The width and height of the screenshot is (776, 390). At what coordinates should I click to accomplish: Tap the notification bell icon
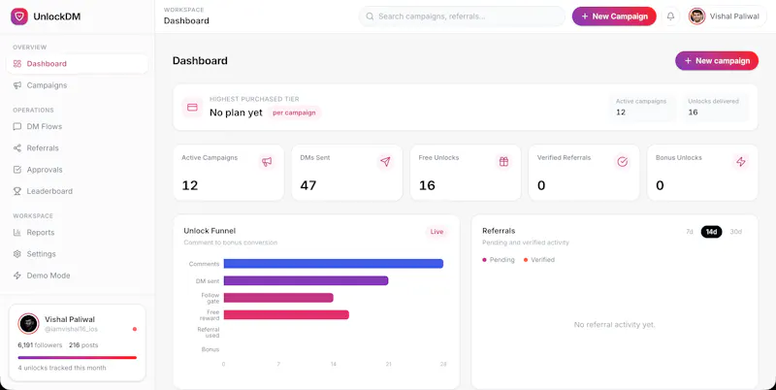pyautogui.click(x=670, y=16)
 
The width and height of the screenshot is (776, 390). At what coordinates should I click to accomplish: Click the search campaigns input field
pyautogui.click(x=462, y=16)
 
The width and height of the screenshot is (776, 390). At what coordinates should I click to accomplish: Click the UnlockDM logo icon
pyautogui.click(x=19, y=16)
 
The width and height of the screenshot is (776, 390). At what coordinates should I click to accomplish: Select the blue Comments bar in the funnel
pyautogui.click(x=333, y=264)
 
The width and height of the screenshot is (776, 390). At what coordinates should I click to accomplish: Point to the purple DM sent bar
pyautogui.click(x=306, y=280)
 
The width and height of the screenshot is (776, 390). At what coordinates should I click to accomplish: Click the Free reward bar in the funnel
pyautogui.click(x=286, y=314)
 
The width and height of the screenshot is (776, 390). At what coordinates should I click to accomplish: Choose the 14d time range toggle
pyautogui.click(x=711, y=232)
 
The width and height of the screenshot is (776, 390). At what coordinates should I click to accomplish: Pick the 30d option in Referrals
pyautogui.click(x=736, y=232)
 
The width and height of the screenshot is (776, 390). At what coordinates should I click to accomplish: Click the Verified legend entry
pyautogui.click(x=539, y=260)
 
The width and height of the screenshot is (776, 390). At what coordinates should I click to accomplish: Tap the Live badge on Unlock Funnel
pyautogui.click(x=436, y=232)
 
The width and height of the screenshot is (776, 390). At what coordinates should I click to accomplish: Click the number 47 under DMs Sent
pyautogui.click(x=308, y=185)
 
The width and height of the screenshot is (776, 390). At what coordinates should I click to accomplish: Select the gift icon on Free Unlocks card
pyautogui.click(x=503, y=161)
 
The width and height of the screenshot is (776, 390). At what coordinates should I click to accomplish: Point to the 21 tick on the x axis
pyautogui.click(x=389, y=364)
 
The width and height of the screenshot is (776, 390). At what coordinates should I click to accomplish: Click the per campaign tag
pyautogui.click(x=294, y=113)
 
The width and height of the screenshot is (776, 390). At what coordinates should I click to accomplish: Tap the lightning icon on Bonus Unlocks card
pyautogui.click(x=741, y=161)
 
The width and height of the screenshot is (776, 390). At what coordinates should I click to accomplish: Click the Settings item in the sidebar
pyautogui.click(x=41, y=254)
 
